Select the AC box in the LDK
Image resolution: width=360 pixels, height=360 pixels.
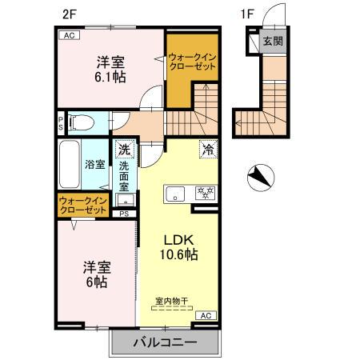(203, 315)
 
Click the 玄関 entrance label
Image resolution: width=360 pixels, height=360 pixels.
(272, 42)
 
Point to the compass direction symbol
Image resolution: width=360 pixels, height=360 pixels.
(259, 175)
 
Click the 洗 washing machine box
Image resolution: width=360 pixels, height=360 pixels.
(124, 149)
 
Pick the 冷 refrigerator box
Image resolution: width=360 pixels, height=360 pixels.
(207, 148)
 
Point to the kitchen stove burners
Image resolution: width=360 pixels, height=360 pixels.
(205, 193)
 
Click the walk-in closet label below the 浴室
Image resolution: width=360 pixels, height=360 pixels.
(84, 205)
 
